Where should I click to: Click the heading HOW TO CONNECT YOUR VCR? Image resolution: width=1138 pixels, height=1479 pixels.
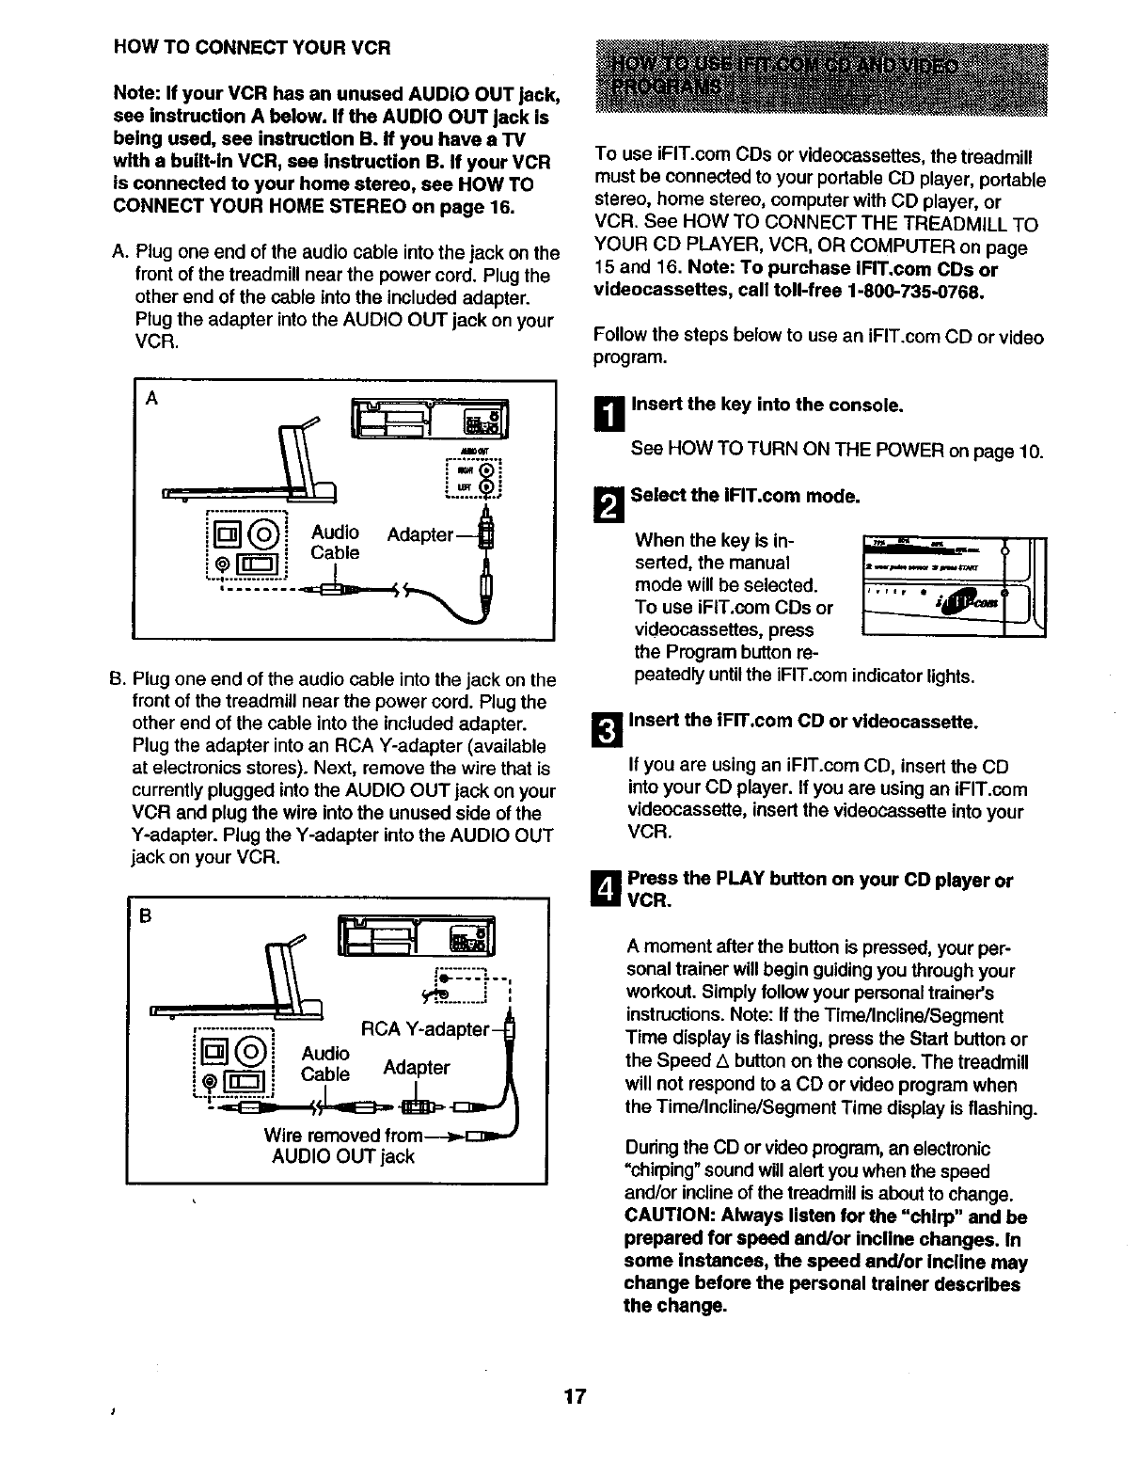click(251, 47)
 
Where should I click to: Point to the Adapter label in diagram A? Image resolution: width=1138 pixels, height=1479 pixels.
click(420, 534)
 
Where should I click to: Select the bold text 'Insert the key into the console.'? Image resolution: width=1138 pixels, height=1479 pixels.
click(767, 405)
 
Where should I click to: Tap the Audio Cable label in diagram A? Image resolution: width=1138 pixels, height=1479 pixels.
click(335, 543)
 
